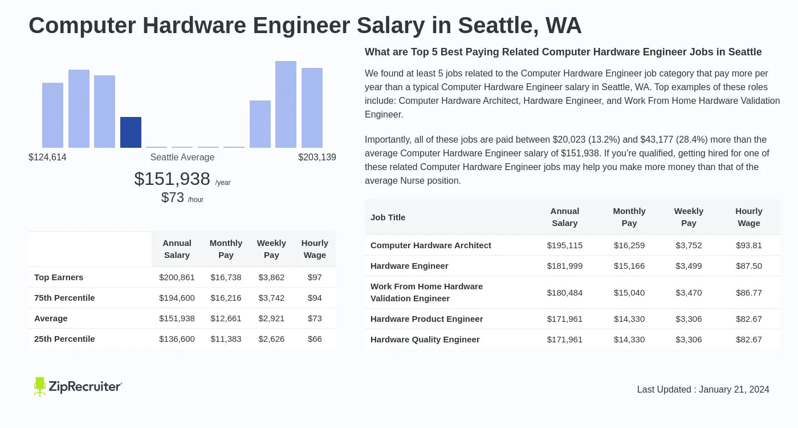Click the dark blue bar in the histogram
131,132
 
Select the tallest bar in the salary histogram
286,104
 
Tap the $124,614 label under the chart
47,158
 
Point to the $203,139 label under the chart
317,158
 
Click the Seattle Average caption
182,158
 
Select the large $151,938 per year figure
172,179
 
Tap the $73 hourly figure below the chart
173,197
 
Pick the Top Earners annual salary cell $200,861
177,277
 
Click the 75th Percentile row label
64,298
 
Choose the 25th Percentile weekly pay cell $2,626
271,339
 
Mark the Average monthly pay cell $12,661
226,318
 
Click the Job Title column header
388,217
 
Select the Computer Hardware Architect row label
430,245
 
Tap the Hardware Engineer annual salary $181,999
564,266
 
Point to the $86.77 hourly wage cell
748,293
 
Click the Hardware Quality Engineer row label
425,340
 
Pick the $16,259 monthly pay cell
629,245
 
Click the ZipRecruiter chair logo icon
39,386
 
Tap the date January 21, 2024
734,390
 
